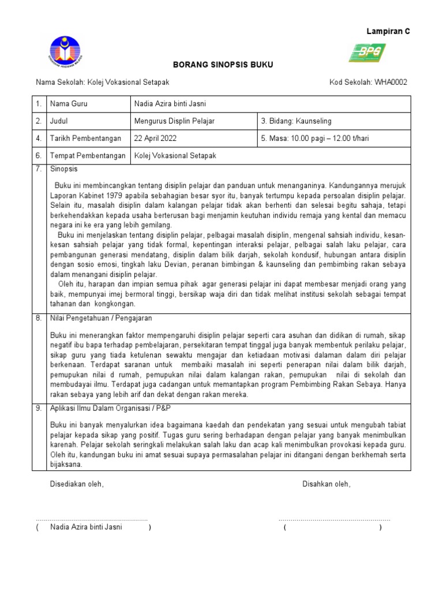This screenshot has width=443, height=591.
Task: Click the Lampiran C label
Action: coord(388,32)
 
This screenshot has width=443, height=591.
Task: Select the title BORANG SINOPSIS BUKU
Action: coord(223,65)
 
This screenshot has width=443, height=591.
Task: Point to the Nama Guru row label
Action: coord(69,104)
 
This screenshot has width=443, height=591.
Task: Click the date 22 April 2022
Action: coord(155,139)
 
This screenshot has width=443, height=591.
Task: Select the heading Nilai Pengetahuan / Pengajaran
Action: coord(101,318)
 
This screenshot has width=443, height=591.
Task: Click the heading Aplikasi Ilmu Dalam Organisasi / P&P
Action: coord(107,408)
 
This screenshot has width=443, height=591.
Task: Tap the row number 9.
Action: coord(39,408)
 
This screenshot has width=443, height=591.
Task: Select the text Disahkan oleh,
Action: coord(326,484)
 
